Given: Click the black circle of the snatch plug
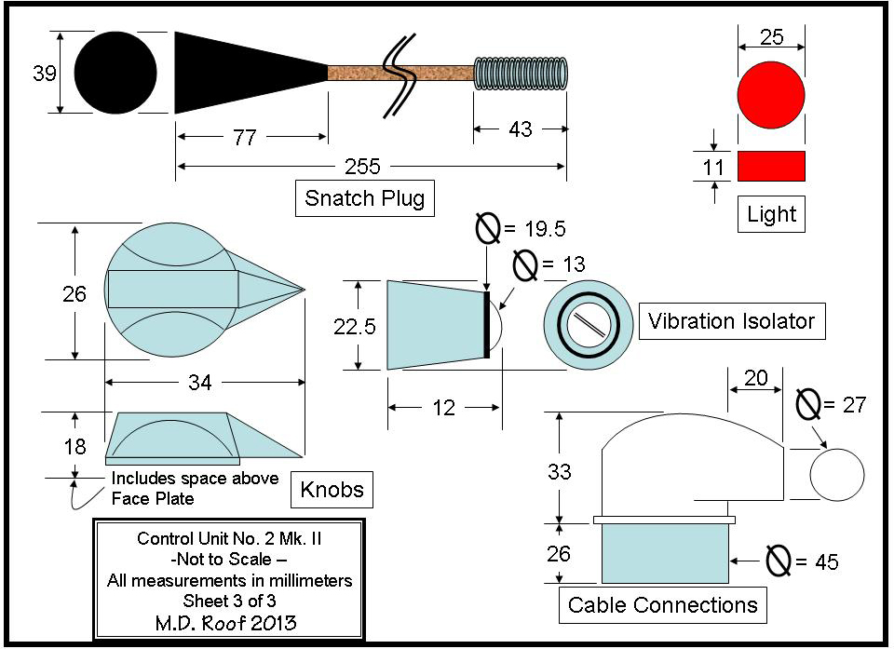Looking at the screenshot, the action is click(x=115, y=73).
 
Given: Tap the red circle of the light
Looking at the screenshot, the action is click(x=771, y=95).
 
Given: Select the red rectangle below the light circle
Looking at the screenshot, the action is click(x=771, y=166).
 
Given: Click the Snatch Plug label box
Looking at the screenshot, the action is click(x=365, y=198).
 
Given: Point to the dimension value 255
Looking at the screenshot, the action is click(x=362, y=167).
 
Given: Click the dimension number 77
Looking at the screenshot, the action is click(x=245, y=138).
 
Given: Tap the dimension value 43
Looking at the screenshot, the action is click(x=520, y=129).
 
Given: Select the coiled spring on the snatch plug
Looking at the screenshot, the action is click(x=521, y=74).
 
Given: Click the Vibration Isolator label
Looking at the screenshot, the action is click(x=732, y=321).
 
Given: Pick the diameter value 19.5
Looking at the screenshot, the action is click(x=546, y=229).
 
